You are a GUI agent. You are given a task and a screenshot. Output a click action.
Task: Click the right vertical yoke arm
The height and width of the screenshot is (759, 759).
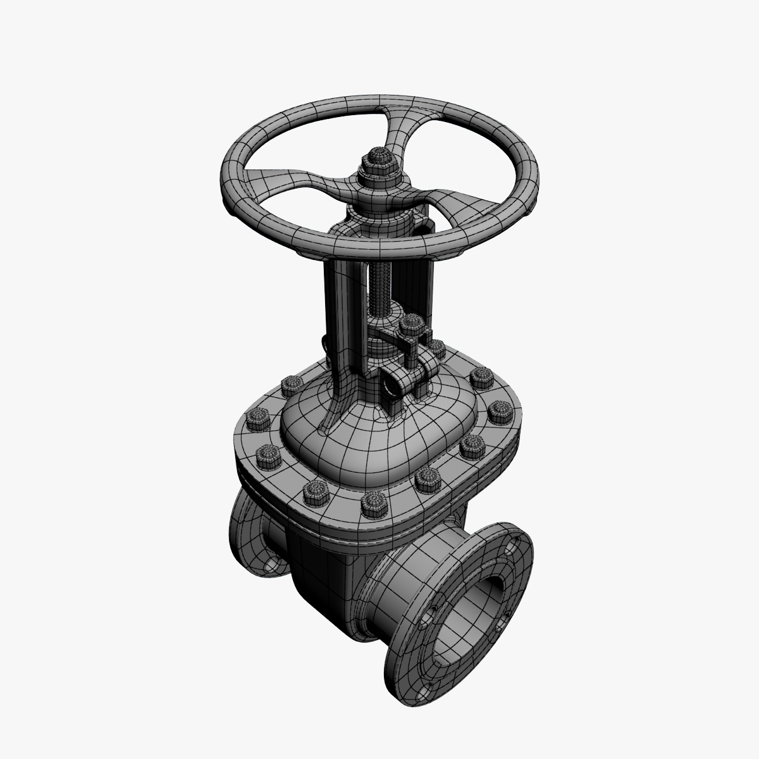[x=426, y=278]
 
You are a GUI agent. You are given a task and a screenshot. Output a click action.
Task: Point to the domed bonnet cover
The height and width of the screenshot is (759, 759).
[x=354, y=436]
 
